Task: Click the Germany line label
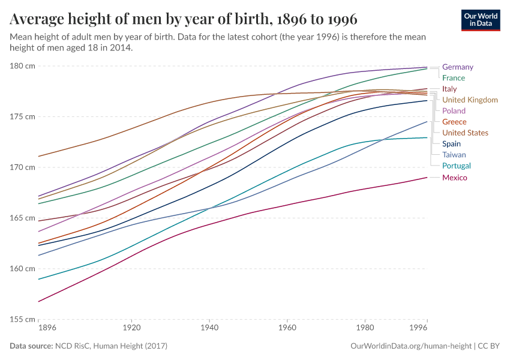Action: (457, 67)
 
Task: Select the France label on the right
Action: (453, 78)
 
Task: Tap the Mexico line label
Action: (454, 178)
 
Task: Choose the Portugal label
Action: (456, 166)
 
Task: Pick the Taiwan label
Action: (454, 155)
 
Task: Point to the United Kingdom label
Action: (469, 100)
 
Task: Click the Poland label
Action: (454, 111)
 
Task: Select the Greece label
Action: (454, 122)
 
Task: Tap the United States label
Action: (465, 133)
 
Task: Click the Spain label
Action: (451, 144)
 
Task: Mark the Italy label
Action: (449, 89)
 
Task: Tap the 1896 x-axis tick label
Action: (47, 329)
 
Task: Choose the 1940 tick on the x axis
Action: (209, 329)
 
